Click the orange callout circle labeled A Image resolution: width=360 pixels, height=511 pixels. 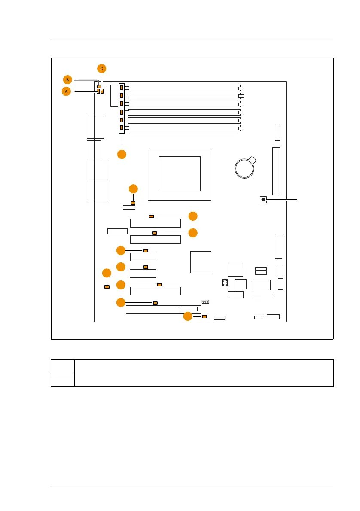click(x=66, y=91)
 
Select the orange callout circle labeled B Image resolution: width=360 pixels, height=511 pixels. click(x=67, y=79)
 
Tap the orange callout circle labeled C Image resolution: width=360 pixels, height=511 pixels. click(x=101, y=68)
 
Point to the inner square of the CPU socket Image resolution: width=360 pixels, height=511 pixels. click(x=180, y=173)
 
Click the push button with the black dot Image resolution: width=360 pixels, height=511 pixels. click(x=263, y=199)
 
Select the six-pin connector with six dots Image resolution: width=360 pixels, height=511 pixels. click(x=224, y=283)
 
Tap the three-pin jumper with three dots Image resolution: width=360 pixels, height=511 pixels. click(x=205, y=301)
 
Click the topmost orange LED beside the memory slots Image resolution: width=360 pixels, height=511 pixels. click(x=122, y=88)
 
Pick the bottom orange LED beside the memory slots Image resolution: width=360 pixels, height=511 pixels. click(x=122, y=128)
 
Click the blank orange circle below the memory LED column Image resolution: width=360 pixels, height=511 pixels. click(x=122, y=154)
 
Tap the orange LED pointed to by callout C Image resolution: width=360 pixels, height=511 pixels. click(x=102, y=91)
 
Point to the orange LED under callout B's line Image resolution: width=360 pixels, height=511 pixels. click(x=99, y=87)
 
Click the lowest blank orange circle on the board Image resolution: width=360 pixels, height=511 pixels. click(x=188, y=316)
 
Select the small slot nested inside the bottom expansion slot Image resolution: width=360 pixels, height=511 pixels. click(x=188, y=309)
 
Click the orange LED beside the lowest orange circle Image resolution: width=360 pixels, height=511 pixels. click(x=204, y=316)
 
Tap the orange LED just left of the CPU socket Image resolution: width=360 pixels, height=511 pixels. click(x=133, y=202)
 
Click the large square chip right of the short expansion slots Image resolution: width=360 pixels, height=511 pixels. click(x=201, y=262)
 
